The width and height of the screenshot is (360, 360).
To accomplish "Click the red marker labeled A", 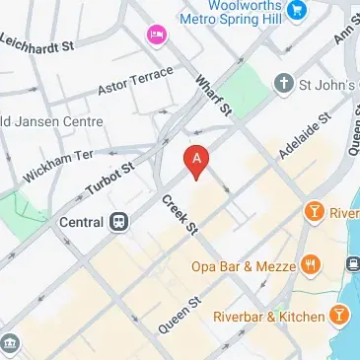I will [197, 161].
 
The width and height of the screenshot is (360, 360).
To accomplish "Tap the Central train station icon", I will [119, 221].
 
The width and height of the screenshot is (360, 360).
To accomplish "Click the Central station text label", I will [83, 221].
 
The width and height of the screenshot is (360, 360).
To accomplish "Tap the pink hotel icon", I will [156, 36].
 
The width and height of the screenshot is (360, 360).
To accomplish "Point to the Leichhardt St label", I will [39, 44].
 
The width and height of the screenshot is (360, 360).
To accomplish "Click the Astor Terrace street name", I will [135, 82].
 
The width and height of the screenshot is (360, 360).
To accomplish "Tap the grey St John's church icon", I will [285, 83].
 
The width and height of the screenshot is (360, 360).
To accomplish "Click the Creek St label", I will [180, 216].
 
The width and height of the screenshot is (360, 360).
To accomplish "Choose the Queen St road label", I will [179, 314].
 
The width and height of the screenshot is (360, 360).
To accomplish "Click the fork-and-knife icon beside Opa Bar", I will [312, 263].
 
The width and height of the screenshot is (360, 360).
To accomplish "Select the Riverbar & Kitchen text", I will [268, 317].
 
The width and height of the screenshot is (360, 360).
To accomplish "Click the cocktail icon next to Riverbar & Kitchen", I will [339, 316].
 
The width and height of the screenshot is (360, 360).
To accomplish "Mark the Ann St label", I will [344, 35].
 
